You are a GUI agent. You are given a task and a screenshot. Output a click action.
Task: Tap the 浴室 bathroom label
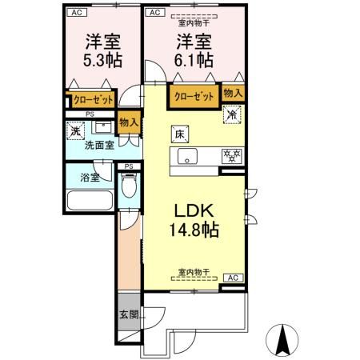89,178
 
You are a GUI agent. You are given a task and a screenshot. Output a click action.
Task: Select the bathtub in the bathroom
90,201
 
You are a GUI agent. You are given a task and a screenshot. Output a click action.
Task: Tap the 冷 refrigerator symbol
231,114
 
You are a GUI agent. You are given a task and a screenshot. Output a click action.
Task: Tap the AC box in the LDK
233,278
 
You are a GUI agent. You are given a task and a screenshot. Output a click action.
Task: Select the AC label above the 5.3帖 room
76,13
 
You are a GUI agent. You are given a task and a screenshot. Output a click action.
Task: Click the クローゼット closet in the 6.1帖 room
193,97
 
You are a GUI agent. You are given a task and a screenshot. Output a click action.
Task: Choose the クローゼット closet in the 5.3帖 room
89,100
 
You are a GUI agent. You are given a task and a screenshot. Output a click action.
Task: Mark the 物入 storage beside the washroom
129,122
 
